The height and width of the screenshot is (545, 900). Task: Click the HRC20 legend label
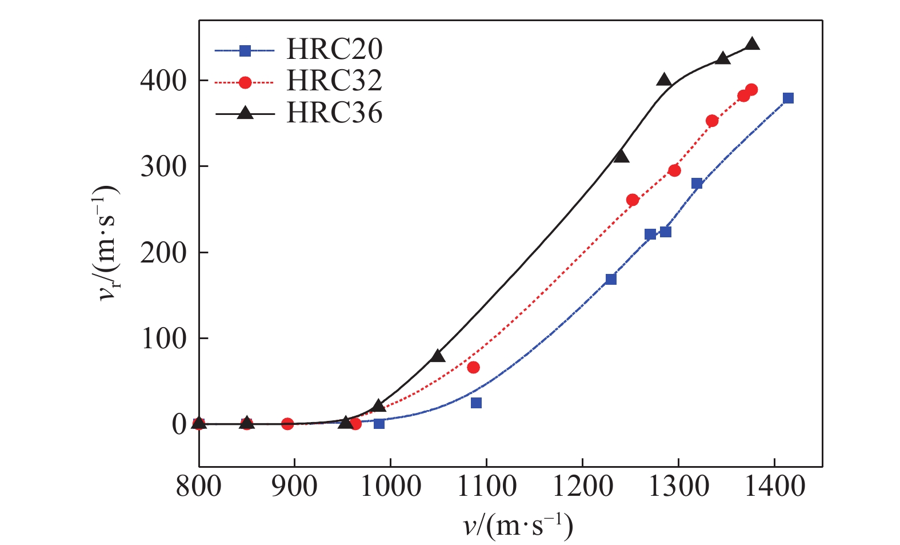point(334,50)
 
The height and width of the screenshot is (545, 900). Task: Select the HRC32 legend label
point(334,81)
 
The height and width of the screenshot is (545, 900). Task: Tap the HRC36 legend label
point(334,113)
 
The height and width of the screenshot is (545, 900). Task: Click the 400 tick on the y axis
point(163,81)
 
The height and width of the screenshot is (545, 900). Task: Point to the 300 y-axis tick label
point(163,166)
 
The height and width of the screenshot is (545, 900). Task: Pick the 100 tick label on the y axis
point(163,339)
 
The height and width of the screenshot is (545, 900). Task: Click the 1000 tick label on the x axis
point(391,487)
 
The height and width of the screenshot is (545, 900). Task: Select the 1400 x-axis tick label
point(774,487)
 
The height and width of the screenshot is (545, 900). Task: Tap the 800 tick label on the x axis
point(199,487)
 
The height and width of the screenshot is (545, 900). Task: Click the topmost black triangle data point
point(753,43)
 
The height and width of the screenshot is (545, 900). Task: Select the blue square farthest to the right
point(788,98)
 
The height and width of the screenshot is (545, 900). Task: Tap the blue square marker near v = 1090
point(476,403)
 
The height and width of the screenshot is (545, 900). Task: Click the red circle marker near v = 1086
point(473,367)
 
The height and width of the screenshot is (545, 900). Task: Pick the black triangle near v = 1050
point(438,356)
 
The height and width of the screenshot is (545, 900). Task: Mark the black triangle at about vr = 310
point(621,156)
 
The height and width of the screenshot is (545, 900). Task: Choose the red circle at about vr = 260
point(633,200)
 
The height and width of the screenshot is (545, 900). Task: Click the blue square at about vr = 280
point(697,184)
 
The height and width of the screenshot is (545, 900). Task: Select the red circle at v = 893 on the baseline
point(287,424)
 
